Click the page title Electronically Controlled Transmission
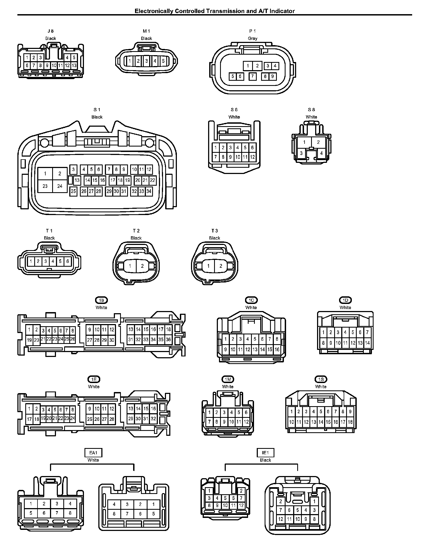click(215, 11)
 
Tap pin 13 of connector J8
click(74, 66)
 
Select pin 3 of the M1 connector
click(146, 61)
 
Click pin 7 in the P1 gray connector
click(252, 76)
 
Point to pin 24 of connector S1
click(60, 186)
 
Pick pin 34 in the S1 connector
click(149, 191)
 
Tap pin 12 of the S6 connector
click(252, 157)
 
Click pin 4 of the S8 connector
click(321, 153)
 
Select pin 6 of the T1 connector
click(68, 262)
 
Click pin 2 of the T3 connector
click(221, 266)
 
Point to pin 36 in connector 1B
click(168, 340)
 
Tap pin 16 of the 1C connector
click(277, 350)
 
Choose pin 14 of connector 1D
click(367, 343)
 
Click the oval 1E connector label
click(94, 379)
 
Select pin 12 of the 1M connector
click(246, 422)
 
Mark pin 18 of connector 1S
click(350, 422)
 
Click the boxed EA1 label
click(93, 453)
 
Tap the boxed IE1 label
click(265, 453)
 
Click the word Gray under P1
click(253, 38)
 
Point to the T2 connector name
click(136, 231)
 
